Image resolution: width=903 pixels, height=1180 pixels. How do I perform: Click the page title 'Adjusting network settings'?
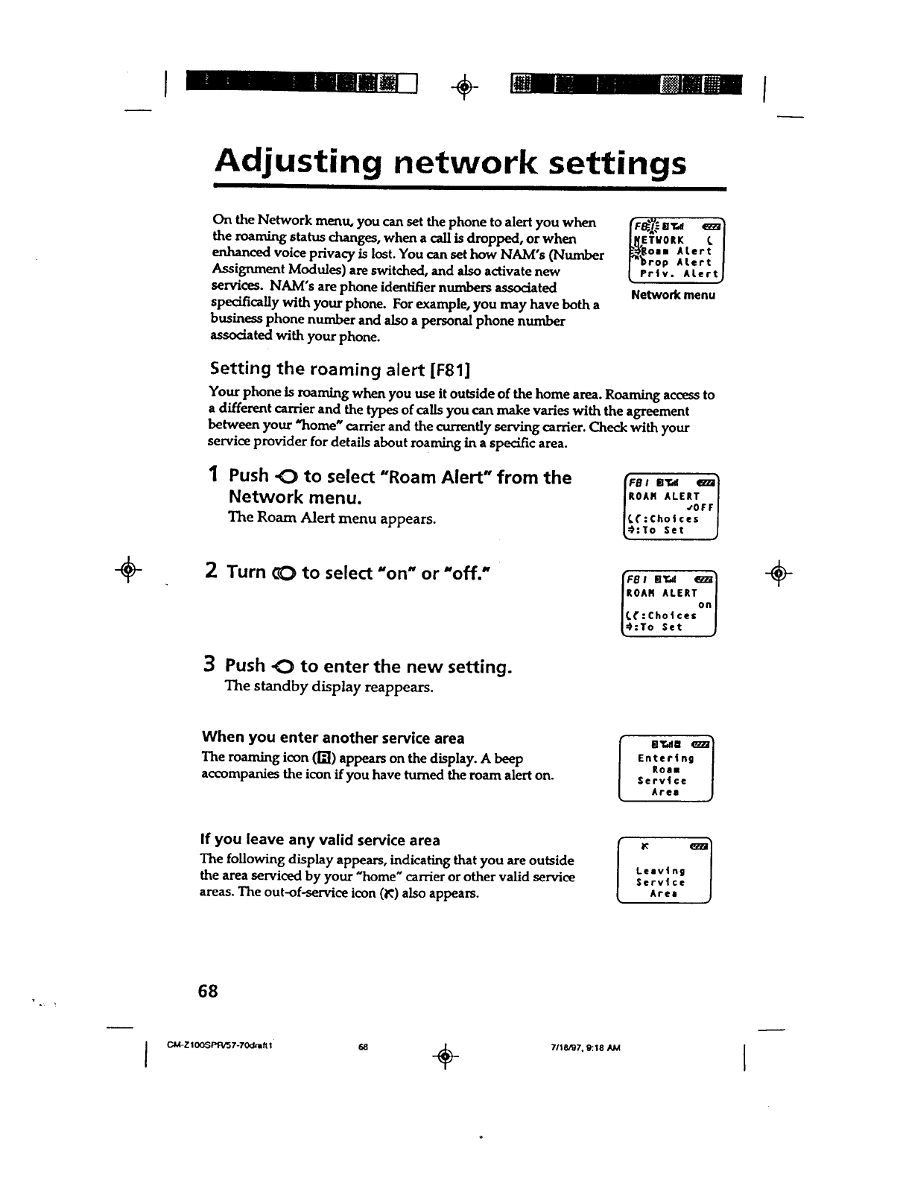coord(450,163)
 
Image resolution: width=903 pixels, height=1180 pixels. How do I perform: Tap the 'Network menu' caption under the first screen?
coord(673,295)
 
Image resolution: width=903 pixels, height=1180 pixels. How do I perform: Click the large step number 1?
coord(213,475)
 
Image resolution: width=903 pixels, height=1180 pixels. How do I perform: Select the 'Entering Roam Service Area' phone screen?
coord(666,768)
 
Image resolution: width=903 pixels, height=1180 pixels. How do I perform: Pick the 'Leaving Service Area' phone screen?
coord(665,870)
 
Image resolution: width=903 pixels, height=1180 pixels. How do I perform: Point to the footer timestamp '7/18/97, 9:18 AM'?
coord(583,1047)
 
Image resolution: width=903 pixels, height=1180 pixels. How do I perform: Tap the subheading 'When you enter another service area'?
coord(333,737)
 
